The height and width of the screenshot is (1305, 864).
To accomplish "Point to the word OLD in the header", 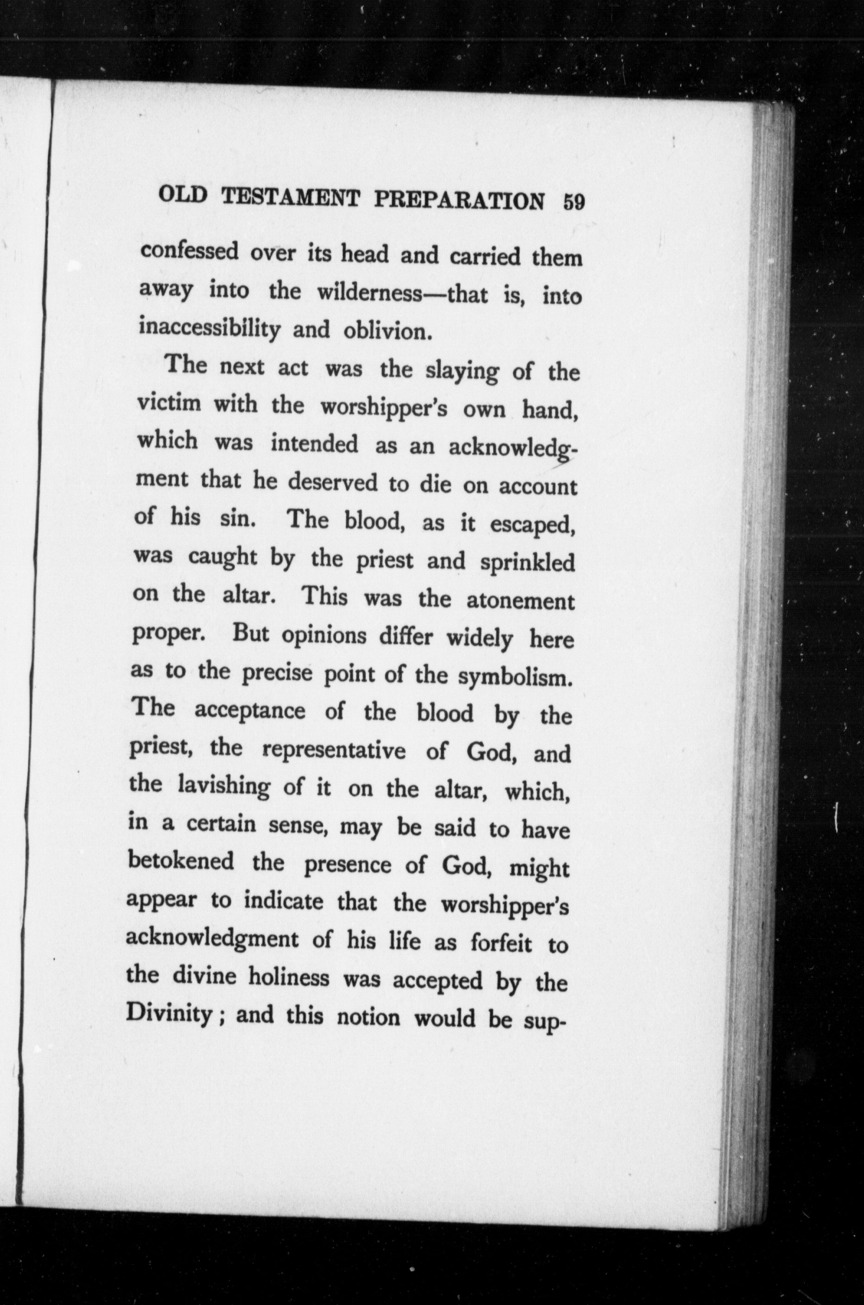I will tap(182, 196).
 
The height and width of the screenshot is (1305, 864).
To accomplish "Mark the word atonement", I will tap(520, 601).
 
